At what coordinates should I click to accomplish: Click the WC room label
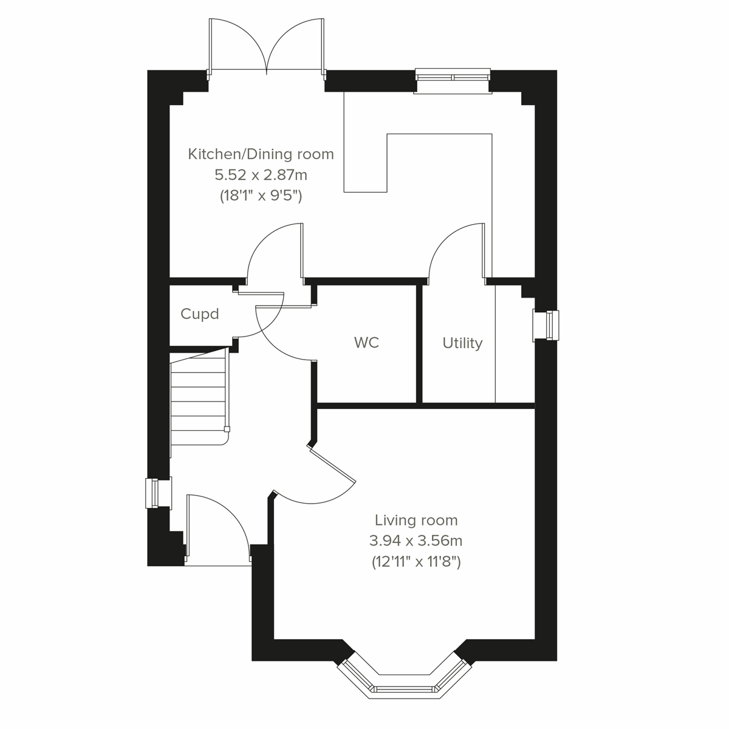coord(366,343)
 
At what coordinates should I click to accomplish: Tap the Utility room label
coord(462,343)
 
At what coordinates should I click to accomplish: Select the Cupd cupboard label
coord(200,314)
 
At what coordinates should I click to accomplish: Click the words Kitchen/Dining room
coord(261,154)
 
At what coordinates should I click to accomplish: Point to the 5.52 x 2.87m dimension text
coord(261,175)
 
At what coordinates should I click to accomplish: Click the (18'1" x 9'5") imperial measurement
coord(261,196)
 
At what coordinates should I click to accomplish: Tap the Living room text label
coord(416,520)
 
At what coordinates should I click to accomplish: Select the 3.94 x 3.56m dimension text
coord(416,541)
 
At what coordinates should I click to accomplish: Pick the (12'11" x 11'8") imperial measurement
coord(416,562)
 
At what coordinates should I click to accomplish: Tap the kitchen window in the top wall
coord(453,77)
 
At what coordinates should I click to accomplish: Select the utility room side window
coord(545,326)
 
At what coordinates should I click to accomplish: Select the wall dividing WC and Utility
coord(419,343)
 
